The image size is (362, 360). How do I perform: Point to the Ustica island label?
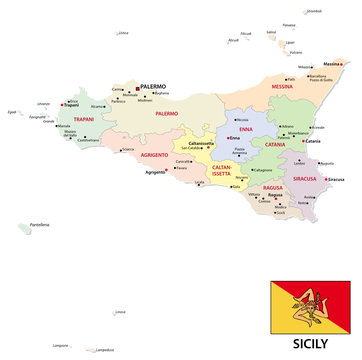tap(123, 33)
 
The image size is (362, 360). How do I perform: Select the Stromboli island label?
tap(314, 11)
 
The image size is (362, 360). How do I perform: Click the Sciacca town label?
tap(128, 176)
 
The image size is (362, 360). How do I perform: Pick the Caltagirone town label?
tap(263, 170)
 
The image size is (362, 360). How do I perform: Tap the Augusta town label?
tap(327, 163)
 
